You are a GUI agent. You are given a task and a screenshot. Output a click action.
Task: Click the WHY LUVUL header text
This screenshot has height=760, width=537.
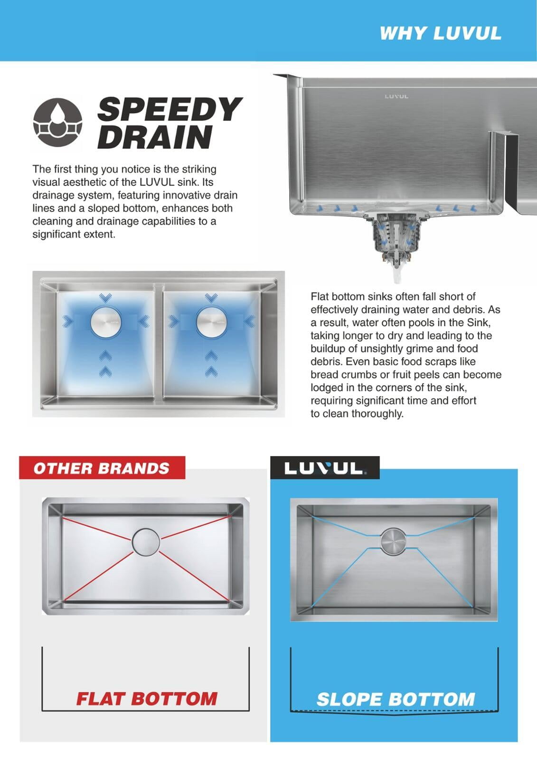point(440,34)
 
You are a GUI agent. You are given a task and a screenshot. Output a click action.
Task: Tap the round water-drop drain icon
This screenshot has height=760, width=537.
point(57,122)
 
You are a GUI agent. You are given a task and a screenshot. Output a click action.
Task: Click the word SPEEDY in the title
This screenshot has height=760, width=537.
point(170,109)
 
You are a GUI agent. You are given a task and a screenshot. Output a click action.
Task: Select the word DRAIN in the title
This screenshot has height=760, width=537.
point(155,137)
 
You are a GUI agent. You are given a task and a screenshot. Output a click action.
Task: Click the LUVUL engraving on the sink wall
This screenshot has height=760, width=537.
point(396,97)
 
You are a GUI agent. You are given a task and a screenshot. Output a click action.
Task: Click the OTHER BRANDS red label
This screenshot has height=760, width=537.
point(102,468)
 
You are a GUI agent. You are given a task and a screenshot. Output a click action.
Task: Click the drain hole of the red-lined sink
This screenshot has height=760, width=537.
point(146,542)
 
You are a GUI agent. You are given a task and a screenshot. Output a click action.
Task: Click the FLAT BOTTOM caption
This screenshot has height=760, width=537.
point(147,699)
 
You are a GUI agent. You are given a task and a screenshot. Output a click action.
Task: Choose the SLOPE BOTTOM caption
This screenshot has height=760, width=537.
point(396,699)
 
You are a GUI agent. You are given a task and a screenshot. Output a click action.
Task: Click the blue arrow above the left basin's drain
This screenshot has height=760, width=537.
point(105,297)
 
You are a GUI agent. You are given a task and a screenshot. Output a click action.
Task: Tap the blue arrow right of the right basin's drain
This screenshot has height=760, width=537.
point(250,321)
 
